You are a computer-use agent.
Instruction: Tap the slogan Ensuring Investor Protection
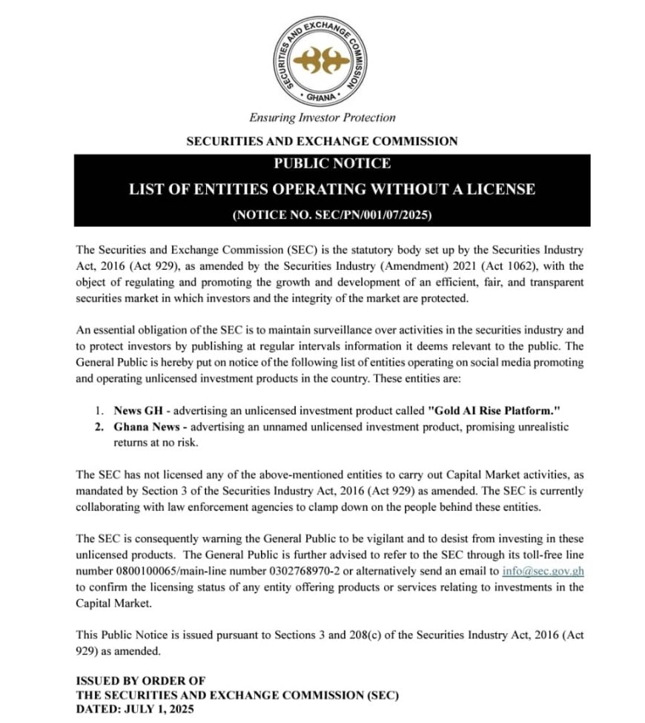[x=322, y=117]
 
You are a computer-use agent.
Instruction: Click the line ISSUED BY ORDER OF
[x=141, y=680]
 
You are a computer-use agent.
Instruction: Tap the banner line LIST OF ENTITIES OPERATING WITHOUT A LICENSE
[x=331, y=189]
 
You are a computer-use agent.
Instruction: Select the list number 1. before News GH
[x=99, y=410]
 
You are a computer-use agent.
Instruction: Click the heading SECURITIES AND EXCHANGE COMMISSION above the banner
[x=322, y=141]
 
